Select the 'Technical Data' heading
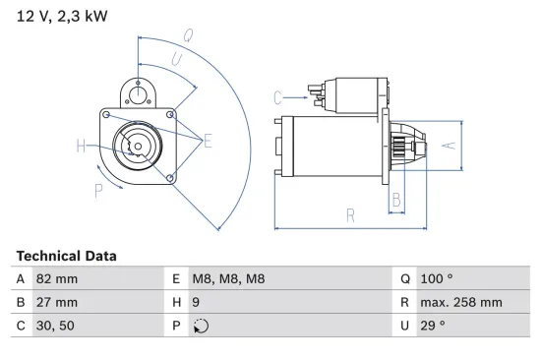click(x=66, y=256)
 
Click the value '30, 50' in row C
click(x=54, y=326)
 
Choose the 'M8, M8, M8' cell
click(x=228, y=279)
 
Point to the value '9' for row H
click(x=196, y=303)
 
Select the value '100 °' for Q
click(x=437, y=279)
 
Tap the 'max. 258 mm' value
click(x=461, y=303)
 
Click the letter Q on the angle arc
click(x=187, y=34)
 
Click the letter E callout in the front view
click(x=208, y=142)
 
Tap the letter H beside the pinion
click(x=81, y=147)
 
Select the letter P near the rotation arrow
click(x=98, y=191)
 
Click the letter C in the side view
click(x=278, y=96)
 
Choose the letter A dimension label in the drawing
click(x=449, y=146)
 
